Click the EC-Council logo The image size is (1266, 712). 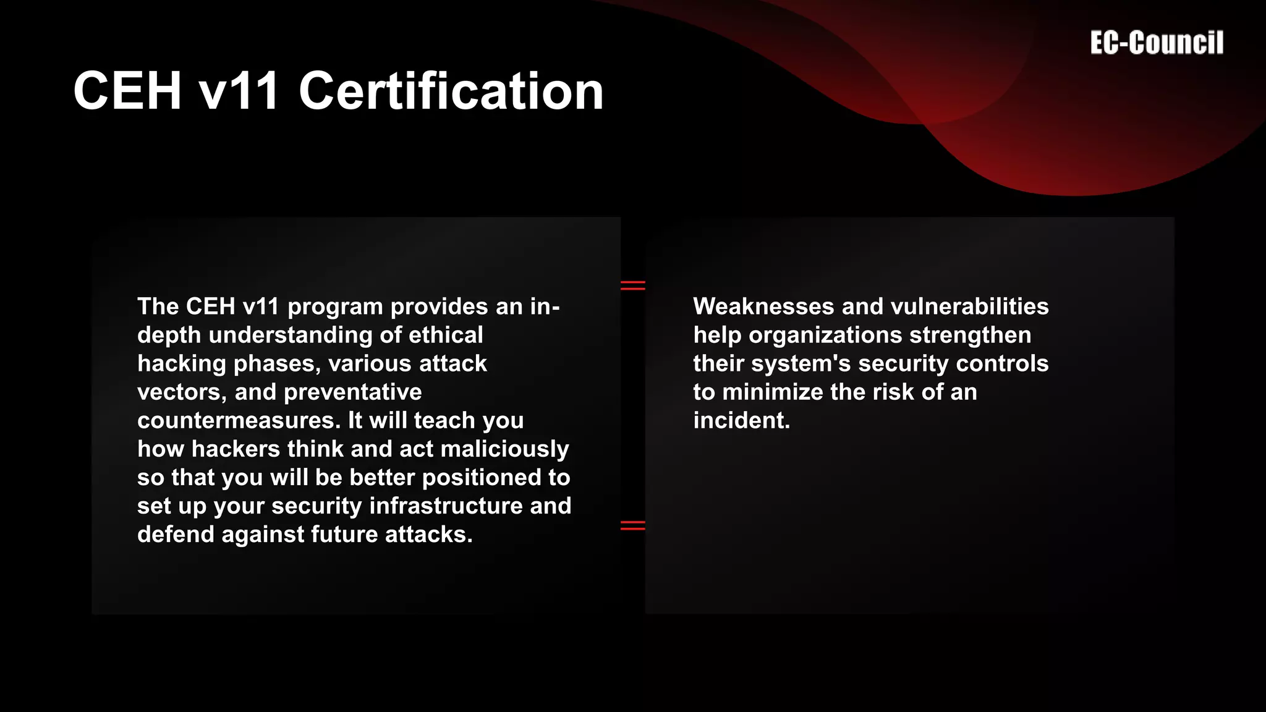1157,43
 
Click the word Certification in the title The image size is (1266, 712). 451,91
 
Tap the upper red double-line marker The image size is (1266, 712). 632,285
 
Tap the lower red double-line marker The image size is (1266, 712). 632,525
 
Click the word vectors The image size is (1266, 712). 182,392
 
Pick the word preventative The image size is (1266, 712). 352,392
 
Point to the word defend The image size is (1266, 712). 176,534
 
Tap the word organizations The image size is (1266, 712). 826,335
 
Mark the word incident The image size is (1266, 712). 741,420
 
